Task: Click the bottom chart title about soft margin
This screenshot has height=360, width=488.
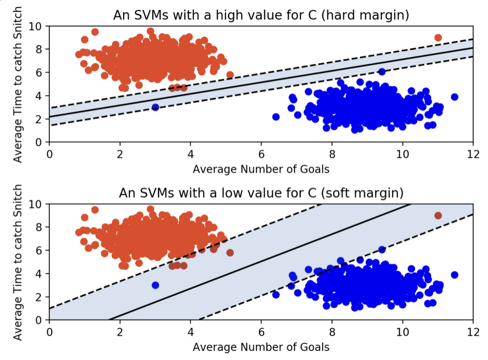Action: coord(261,193)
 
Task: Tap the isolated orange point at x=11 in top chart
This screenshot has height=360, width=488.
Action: coord(438,38)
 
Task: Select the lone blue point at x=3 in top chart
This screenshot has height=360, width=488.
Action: coord(155,107)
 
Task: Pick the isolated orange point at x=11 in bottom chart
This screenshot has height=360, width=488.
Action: coord(438,215)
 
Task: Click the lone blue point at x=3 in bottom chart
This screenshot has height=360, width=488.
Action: coord(155,285)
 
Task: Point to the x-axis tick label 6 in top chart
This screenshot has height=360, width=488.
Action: coord(261,153)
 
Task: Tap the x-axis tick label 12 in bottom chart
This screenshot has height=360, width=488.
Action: coord(473,331)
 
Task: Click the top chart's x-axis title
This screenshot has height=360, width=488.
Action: coord(261,168)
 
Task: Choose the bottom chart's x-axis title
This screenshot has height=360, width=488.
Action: coord(261,347)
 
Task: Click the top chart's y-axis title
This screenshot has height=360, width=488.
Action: coord(18,84)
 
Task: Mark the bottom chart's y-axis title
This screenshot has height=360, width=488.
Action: coord(18,262)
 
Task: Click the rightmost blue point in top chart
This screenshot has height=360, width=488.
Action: coord(455,97)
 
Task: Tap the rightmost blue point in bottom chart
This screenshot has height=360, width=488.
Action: coord(455,275)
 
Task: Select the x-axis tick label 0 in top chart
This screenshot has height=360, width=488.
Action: coord(49,153)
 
